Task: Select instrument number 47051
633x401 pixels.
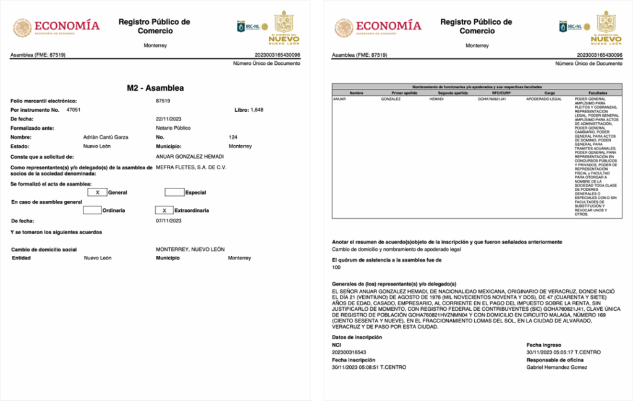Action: tap(74, 109)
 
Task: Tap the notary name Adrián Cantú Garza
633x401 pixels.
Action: tap(105, 137)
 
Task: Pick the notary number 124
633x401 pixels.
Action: tap(232, 137)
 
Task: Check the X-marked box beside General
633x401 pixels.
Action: tap(98, 193)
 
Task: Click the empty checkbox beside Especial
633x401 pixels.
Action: tap(174, 193)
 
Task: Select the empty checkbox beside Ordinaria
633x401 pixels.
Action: tap(92, 210)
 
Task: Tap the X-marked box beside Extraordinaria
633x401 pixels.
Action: tap(164, 210)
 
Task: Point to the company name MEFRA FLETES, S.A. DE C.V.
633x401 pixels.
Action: tap(190, 167)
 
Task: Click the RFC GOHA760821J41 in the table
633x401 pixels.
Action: tap(492, 99)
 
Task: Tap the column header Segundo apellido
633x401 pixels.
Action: tap(443, 93)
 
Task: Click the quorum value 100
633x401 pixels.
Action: tap(336, 268)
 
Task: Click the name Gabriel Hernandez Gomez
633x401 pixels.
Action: tap(557, 368)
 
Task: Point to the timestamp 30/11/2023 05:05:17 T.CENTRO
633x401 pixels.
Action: tap(563, 352)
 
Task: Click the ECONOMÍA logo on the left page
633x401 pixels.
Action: tap(57, 27)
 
